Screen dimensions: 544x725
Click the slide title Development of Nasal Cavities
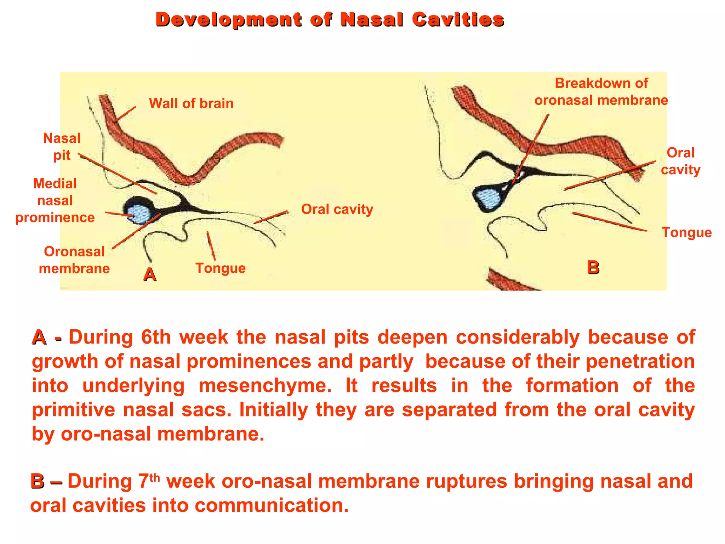click(x=330, y=19)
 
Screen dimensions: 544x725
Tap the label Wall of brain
click(x=191, y=103)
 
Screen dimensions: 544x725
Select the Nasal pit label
click(x=62, y=147)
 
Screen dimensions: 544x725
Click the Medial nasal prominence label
click(x=55, y=200)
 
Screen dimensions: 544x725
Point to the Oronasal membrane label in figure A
click(x=74, y=260)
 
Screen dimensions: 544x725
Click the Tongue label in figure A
click(x=220, y=268)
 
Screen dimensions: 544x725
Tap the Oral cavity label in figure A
click(x=337, y=209)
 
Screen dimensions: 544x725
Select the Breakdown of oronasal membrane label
click(x=601, y=92)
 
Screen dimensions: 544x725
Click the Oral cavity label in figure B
click(x=680, y=161)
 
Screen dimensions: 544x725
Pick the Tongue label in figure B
click(x=686, y=233)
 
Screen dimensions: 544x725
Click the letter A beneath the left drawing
click(x=149, y=275)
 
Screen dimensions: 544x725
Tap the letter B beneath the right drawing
click(x=593, y=267)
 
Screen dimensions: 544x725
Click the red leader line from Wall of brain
click(x=125, y=114)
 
